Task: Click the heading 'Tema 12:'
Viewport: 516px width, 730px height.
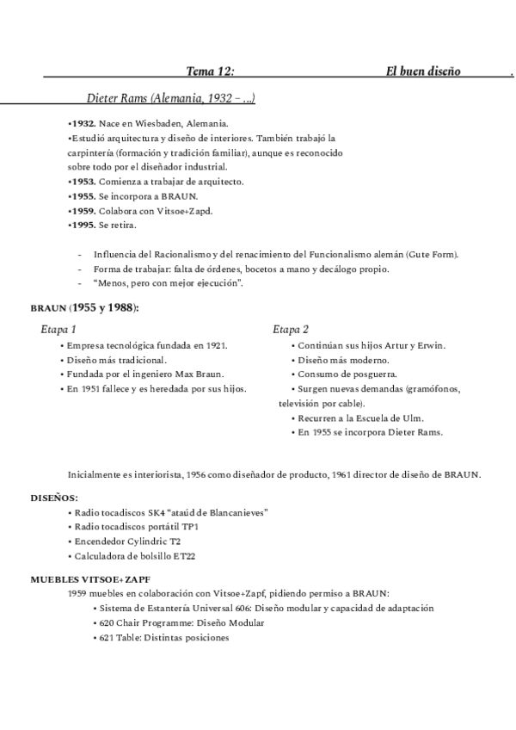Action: pyautogui.click(x=210, y=71)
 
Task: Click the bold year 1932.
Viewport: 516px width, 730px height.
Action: pyautogui.click(x=83, y=124)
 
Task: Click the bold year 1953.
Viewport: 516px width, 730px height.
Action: pyautogui.click(x=83, y=182)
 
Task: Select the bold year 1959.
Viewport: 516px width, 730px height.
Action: pyautogui.click(x=83, y=211)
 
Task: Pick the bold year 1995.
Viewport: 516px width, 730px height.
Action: pyautogui.click(x=83, y=225)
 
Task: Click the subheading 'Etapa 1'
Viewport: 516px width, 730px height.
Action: pyautogui.click(x=58, y=330)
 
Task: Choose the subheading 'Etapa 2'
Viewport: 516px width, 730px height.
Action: pyautogui.click(x=291, y=330)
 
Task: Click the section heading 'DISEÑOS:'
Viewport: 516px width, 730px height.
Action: pyautogui.click(x=54, y=498)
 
